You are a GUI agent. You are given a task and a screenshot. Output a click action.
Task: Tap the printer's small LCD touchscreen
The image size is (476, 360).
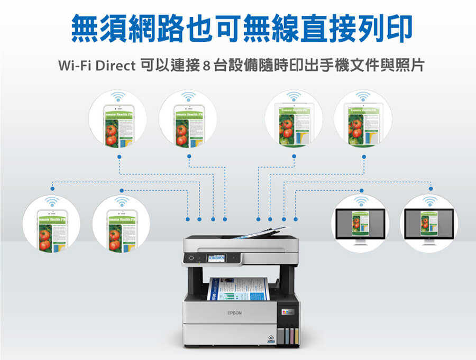[x=217, y=258]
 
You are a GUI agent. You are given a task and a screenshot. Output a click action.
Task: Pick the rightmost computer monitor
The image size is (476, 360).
[x=429, y=224]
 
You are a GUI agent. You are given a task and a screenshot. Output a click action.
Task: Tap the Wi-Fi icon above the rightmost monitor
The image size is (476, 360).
[x=429, y=201]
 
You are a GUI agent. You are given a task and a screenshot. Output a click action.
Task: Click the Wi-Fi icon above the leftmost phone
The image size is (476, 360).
[x=52, y=201]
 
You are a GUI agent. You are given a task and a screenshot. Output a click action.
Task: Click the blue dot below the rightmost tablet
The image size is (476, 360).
[x=364, y=156]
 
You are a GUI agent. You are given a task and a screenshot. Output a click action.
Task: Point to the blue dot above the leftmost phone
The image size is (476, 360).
[x=52, y=189]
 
